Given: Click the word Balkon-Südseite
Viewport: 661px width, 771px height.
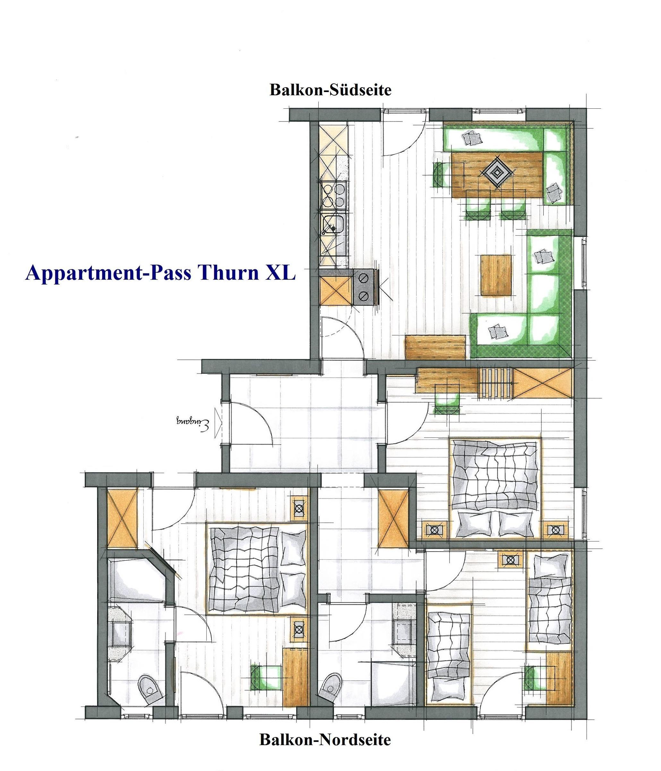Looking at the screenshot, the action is [x=330, y=90].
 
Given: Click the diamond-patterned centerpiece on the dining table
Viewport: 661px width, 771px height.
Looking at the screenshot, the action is [x=498, y=172].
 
